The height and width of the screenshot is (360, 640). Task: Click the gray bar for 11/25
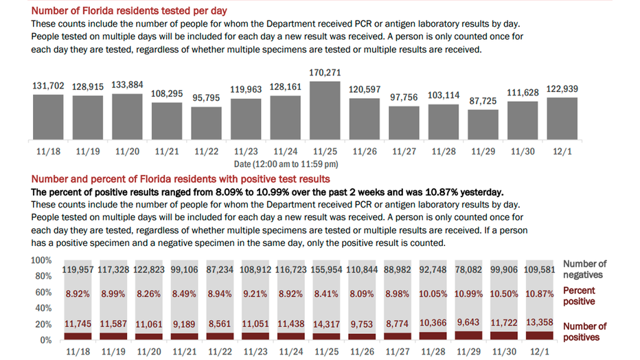[x=325, y=110]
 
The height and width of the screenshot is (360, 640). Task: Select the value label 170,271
[x=325, y=73]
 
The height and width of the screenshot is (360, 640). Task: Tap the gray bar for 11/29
[x=483, y=124]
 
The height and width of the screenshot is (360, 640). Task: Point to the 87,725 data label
[x=483, y=101]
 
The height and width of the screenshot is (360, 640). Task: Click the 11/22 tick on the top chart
[x=207, y=151]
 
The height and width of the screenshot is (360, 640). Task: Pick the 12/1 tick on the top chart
[x=562, y=151]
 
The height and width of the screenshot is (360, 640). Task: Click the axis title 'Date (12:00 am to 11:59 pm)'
[x=286, y=164]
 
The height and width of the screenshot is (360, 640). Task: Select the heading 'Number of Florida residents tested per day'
[x=129, y=10]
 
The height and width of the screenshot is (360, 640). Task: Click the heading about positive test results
[x=181, y=179]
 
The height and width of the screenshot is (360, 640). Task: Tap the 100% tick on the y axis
[x=41, y=260]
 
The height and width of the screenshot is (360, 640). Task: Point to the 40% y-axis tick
[x=43, y=308]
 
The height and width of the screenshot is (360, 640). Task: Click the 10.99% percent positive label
[x=468, y=294]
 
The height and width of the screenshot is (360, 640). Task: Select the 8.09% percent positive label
[x=362, y=294]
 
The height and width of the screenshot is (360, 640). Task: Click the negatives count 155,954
[x=326, y=270]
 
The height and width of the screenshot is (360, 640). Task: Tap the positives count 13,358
[x=539, y=322]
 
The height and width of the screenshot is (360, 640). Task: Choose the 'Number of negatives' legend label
[x=584, y=269]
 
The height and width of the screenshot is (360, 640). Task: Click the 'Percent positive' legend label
[x=579, y=296]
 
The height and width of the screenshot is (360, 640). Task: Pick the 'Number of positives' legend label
[x=584, y=332]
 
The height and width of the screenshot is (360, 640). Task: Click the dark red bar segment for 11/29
[x=468, y=335]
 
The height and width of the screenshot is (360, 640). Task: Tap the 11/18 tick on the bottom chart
[x=78, y=352]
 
